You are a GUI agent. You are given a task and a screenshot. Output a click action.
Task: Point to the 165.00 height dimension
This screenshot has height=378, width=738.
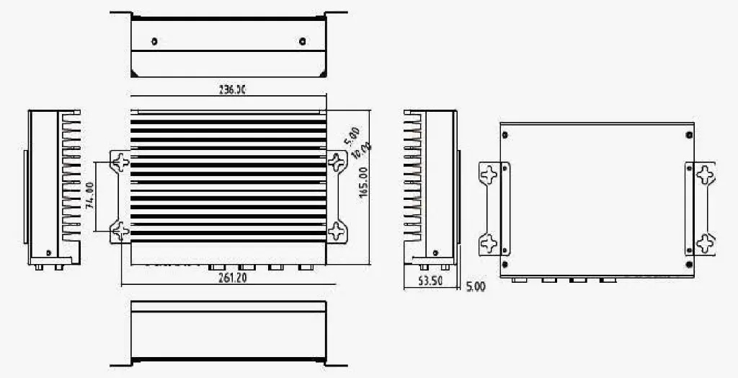pos(363,182)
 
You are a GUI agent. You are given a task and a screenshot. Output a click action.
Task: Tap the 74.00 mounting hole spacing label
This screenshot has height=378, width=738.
pos(90,195)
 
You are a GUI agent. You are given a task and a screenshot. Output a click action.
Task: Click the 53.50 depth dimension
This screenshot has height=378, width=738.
pos(430,281)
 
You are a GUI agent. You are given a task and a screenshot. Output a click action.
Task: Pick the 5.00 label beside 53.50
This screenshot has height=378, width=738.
pos(476,286)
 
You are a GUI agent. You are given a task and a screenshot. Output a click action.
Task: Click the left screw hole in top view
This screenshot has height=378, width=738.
pos(154,40)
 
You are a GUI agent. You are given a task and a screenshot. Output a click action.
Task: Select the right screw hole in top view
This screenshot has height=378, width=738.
pos(301,40)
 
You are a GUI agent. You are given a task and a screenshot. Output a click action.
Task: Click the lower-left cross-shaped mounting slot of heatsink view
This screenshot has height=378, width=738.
pos(120,232)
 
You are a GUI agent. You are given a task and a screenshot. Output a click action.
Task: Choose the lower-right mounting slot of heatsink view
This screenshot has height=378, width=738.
pos(337,232)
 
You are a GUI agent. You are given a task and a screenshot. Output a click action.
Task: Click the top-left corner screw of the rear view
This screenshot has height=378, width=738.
pos(504,134)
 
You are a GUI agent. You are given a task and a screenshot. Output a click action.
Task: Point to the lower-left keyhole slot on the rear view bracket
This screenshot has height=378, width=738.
pos(489,242)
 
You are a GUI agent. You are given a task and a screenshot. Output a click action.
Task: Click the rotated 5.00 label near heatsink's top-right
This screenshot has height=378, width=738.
pos(352,135)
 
